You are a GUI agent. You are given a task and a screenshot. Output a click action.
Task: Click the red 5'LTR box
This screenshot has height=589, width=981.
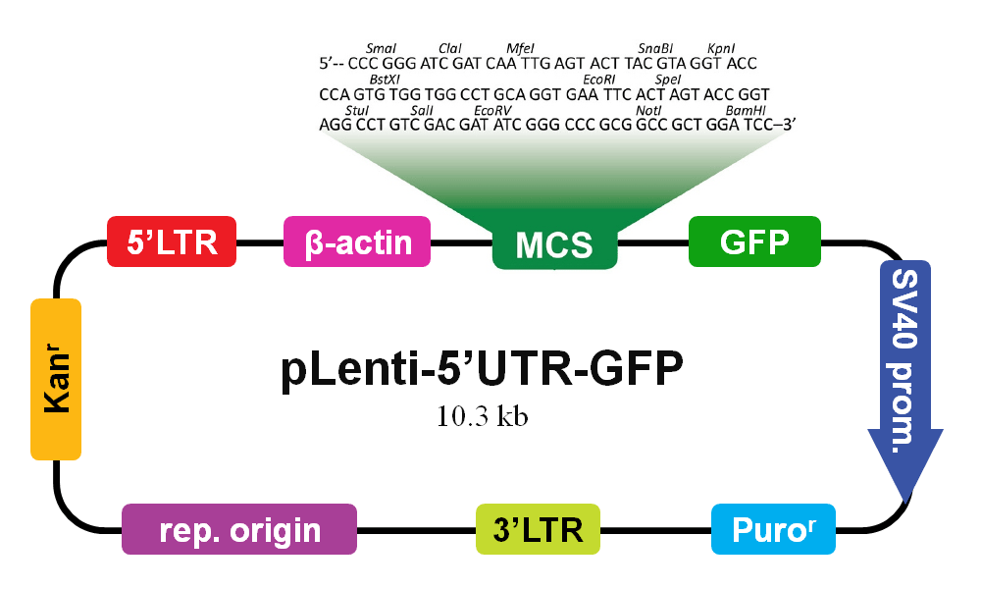[172, 241]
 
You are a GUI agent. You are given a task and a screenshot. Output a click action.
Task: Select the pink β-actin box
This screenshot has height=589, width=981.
[357, 241]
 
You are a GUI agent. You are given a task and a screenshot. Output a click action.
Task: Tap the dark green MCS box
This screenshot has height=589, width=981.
[554, 244]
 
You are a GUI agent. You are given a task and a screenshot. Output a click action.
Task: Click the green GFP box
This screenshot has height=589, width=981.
[754, 241]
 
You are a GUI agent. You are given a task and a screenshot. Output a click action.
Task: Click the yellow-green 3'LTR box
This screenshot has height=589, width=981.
[538, 530]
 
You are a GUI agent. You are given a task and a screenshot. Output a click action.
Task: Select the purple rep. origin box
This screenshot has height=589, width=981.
[239, 530]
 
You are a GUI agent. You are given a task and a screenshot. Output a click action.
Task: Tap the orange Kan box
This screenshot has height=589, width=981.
[56, 379]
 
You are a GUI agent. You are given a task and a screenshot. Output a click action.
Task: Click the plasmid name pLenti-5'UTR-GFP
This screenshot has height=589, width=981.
[482, 373]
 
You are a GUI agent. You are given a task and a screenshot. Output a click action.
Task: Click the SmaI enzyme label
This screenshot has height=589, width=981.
[380, 48]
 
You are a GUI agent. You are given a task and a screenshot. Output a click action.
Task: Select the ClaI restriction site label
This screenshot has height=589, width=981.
[450, 48]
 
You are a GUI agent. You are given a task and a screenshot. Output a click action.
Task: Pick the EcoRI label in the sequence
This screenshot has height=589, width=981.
[598, 80]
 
